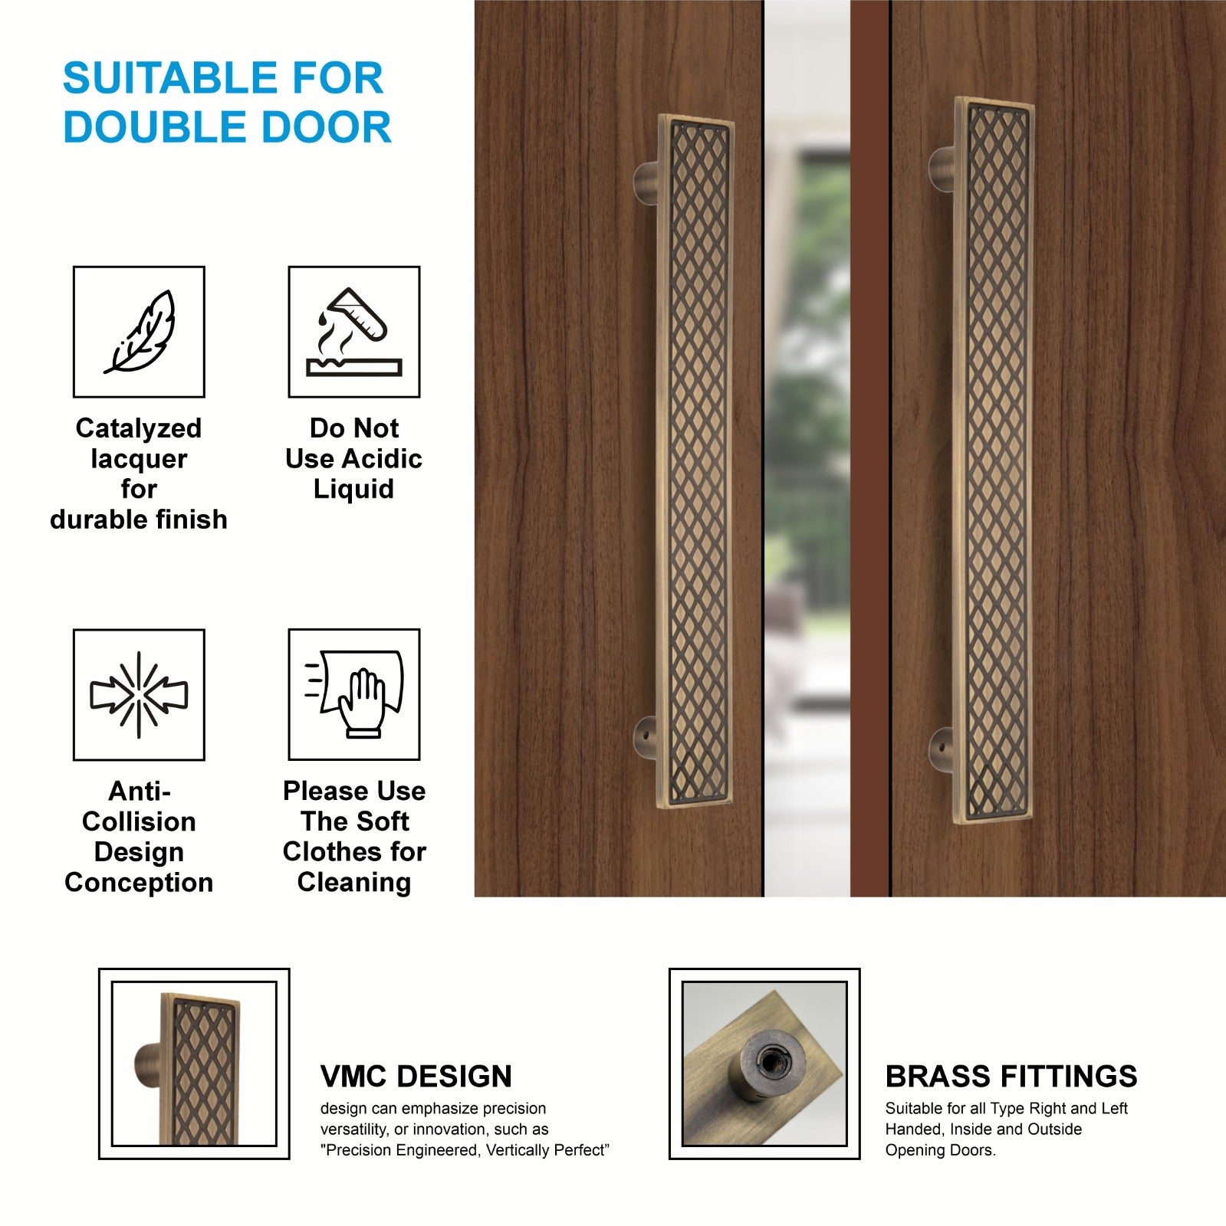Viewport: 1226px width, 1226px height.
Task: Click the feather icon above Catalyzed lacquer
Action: click(x=140, y=332)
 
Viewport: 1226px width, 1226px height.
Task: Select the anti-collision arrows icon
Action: click(x=139, y=694)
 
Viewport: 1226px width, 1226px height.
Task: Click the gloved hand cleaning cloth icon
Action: click(x=354, y=694)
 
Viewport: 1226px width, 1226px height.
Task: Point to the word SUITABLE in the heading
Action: click(x=169, y=78)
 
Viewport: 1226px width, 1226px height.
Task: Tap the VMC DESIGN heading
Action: click(x=416, y=1076)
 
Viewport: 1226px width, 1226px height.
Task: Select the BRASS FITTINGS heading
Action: click(x=1011, y=1076)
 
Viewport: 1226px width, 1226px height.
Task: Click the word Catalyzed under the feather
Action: click(x=139, y=428)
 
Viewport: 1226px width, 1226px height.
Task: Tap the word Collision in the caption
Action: click(x=139, y=821)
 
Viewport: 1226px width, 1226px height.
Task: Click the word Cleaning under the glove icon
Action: click(x=354, y=883)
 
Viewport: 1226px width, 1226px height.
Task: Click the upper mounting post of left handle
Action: click(x=646, y=182)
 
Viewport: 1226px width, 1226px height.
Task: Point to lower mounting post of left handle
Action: click(x=646, y=738)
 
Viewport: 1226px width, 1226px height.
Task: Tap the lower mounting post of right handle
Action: click(x=942, y=749)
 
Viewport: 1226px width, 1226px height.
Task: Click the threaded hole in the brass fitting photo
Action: click(x=767, y=1061)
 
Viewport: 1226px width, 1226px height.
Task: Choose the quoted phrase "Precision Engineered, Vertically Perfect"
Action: click(x=465, y=1150)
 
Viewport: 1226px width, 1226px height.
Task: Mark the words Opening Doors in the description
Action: click(x=940, y=1150)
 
